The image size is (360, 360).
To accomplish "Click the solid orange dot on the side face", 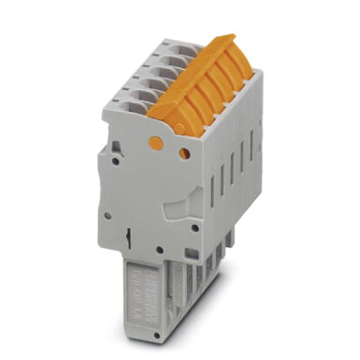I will coord(155,141).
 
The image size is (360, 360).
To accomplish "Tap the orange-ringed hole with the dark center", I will coord(184,154).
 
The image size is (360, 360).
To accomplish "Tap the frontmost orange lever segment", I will coord(168,109).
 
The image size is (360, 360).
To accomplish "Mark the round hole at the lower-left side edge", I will coord(108,214).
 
